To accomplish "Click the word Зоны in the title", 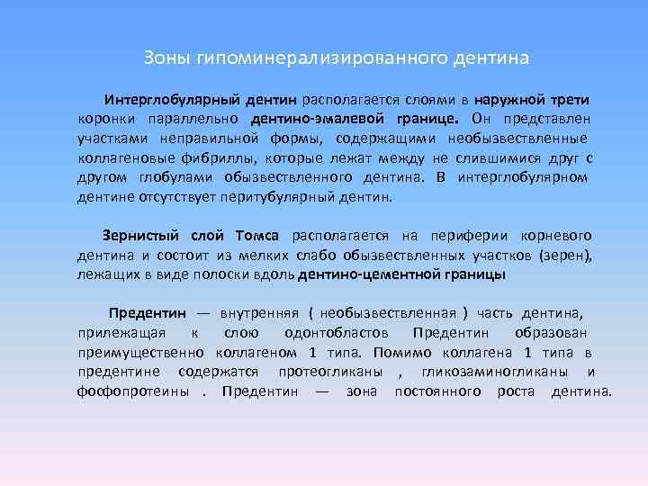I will (162, 58).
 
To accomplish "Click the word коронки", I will (105, 119).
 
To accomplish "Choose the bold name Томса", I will (258, 236).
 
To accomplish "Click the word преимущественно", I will (134, 353).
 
